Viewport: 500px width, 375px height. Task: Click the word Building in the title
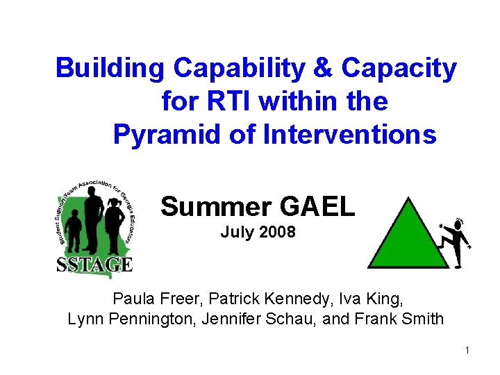click(110, 69)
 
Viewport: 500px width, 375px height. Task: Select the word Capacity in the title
click(399, 69)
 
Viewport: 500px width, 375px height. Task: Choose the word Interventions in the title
click(349, 134)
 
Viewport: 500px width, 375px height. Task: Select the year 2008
click(276, 233)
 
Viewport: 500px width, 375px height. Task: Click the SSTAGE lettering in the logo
click(94, 264)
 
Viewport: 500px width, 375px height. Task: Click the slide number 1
click(467, 350)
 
